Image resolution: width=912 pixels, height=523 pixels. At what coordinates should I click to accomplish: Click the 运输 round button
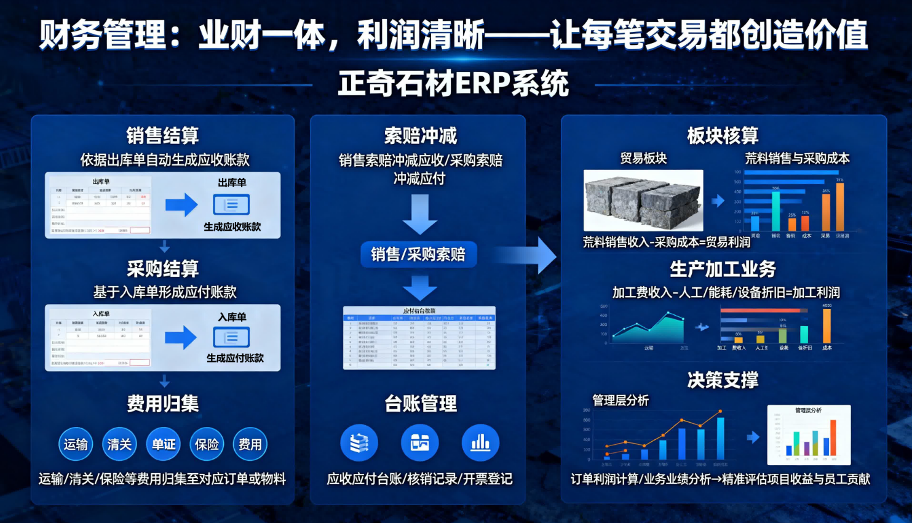[76, 444]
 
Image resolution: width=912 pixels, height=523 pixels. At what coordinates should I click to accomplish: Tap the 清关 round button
[119, 444]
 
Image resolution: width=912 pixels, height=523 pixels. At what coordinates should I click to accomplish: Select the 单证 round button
[164, 444]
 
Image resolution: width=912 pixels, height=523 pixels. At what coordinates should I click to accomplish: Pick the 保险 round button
[207, 444]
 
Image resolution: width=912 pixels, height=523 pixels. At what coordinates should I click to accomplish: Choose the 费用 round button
[250, 444]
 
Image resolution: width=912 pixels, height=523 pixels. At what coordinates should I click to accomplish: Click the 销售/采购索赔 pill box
[418, 254]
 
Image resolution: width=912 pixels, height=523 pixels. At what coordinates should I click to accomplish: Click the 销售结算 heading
[162, 135]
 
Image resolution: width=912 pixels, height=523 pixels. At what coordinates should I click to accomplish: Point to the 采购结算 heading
[163, 269]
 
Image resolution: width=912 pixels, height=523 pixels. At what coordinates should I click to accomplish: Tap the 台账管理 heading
[421, 404]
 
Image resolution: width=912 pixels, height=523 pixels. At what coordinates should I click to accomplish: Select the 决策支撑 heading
[723, 380]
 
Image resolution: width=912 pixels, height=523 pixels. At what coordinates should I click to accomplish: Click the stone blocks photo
[643, 200]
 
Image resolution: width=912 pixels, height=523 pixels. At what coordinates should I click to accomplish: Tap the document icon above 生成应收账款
[231, 205]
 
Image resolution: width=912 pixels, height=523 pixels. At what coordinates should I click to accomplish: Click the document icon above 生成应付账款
[231, 337]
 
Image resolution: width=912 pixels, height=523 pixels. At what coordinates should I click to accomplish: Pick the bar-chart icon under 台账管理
[480, 443]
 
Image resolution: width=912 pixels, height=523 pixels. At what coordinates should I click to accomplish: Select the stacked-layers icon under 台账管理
[359, 443]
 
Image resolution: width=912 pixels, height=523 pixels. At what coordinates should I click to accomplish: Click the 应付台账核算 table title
[419, 311]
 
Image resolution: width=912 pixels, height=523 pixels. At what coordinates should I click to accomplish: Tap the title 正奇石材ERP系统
[454, 84]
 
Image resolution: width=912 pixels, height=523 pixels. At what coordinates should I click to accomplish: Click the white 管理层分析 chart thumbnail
[809, 434]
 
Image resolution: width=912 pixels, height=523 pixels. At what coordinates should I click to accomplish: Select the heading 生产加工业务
[723, 269]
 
